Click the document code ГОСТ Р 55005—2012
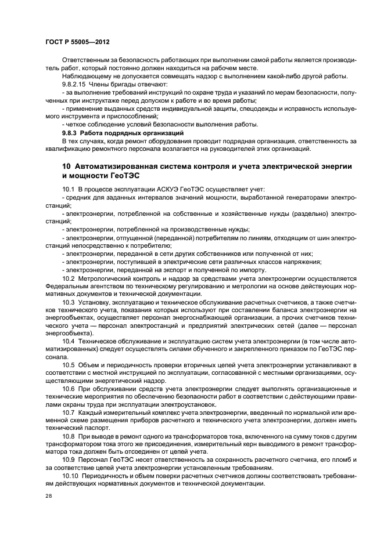tap(77, 42)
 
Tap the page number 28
tap(48, 496)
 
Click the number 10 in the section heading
tap(67, 166)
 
